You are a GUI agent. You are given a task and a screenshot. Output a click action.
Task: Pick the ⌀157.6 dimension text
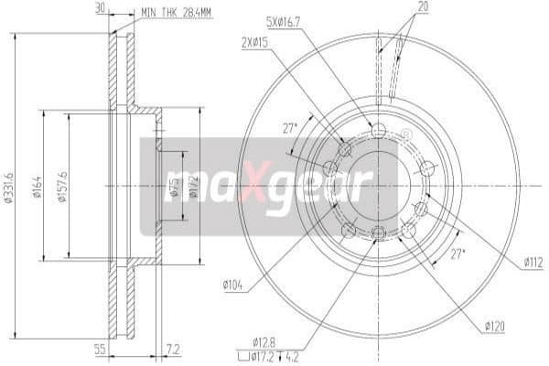(x=63, y=187)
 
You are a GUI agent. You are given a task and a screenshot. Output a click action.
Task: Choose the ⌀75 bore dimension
(x=175, y=188)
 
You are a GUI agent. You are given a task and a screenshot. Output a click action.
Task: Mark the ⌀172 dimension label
(x=193, y=189)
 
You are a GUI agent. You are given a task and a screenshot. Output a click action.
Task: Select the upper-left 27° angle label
(x=290, y=128)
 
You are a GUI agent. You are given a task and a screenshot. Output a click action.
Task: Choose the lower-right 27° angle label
(x=457, y=253)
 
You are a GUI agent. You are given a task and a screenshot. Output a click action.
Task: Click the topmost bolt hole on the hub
(x=379, y=131)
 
